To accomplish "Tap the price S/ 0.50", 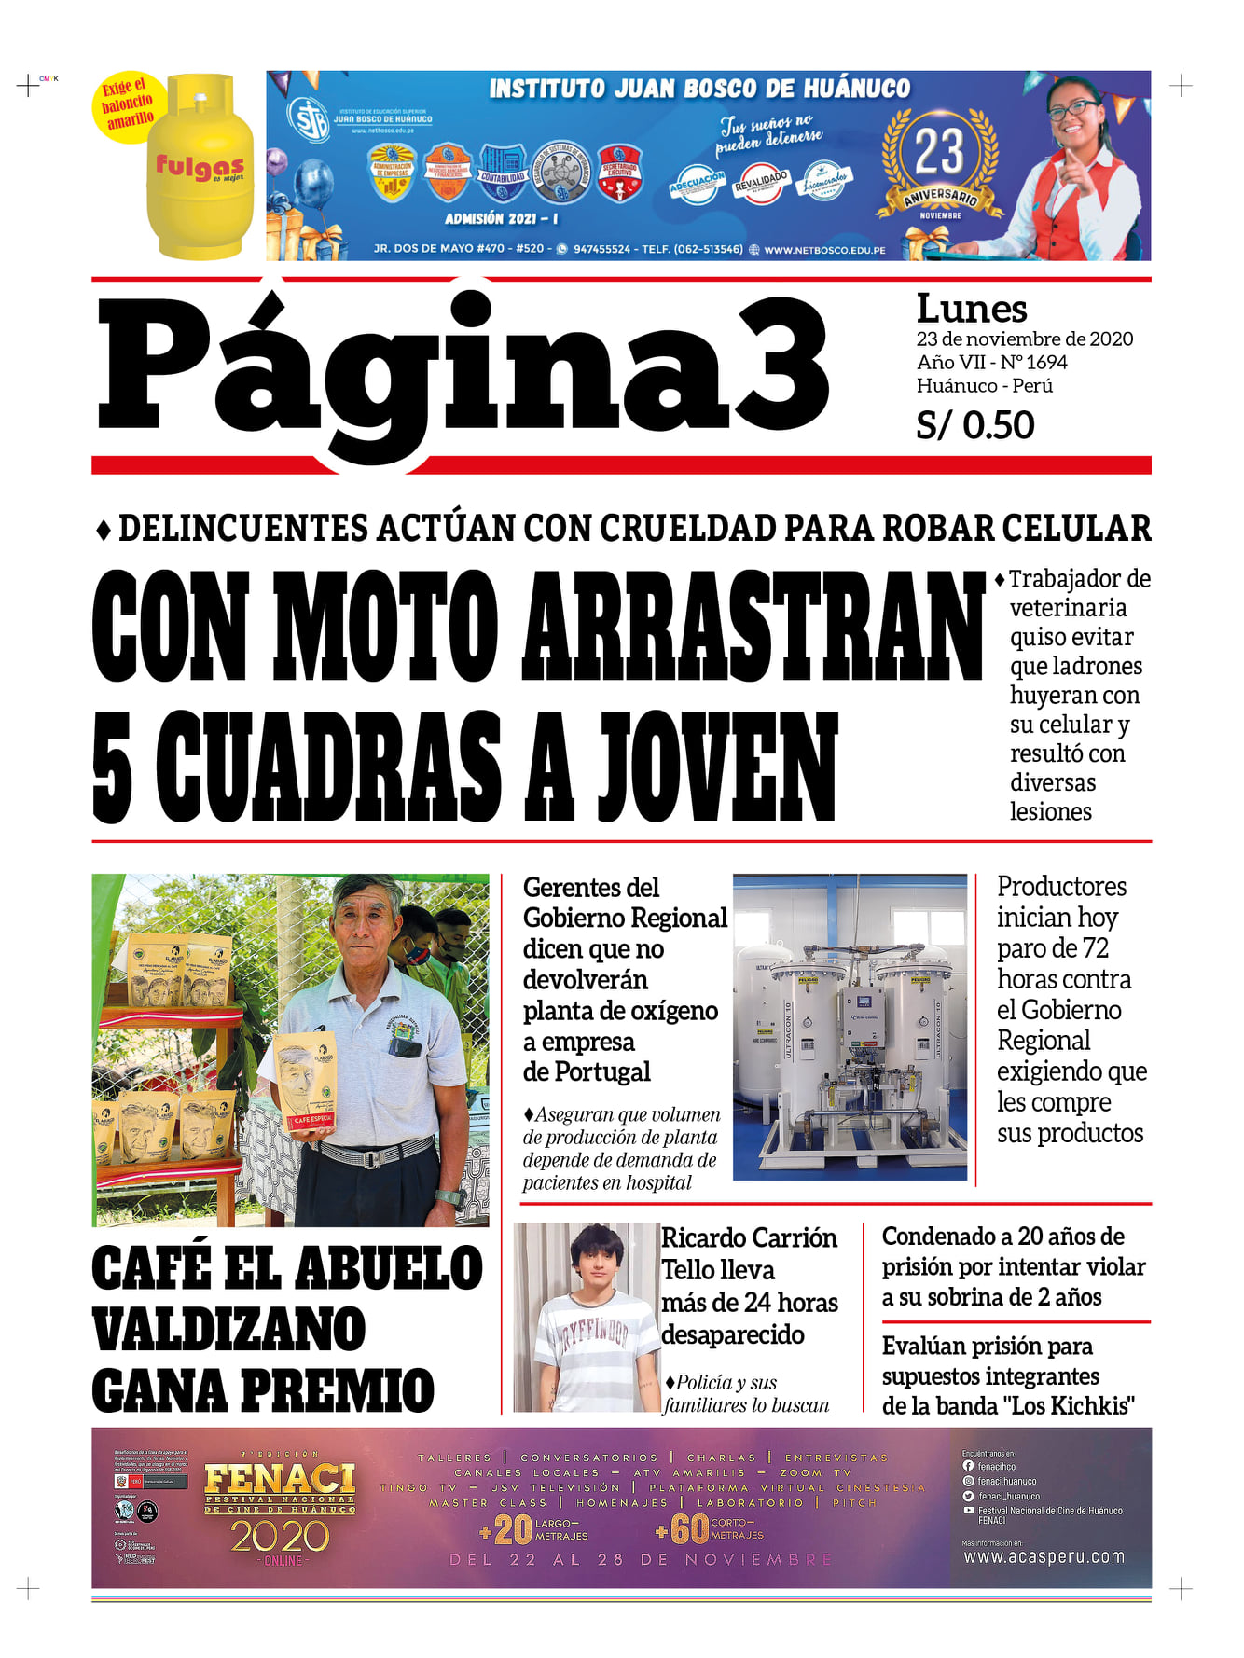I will (974, 425).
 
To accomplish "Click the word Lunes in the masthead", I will (971, 309).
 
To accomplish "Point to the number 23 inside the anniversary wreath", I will (938, 151).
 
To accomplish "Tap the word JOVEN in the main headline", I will (718, 766).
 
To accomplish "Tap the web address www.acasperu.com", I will (1044, 1556).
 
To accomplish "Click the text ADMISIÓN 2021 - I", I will (501, 218).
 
